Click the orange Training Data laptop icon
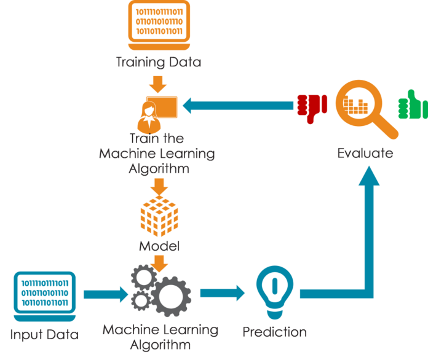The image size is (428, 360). [x=159, y=25]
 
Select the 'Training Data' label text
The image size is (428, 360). [x=159, y=63]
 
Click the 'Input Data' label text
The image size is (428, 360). [x=45, y=335]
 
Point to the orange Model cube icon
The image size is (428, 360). [x=159, y=217]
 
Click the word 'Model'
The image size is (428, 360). [x=159, y=247]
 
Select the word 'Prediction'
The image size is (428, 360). [x=274, y=332]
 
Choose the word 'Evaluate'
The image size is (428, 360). [x=365, y=153]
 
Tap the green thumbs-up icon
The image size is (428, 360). [x=412, y=105]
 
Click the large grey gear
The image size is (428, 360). [x=168, y=294]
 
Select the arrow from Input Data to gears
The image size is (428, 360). [x=105, y=293]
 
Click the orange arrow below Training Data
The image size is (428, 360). [x=159, y=82]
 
